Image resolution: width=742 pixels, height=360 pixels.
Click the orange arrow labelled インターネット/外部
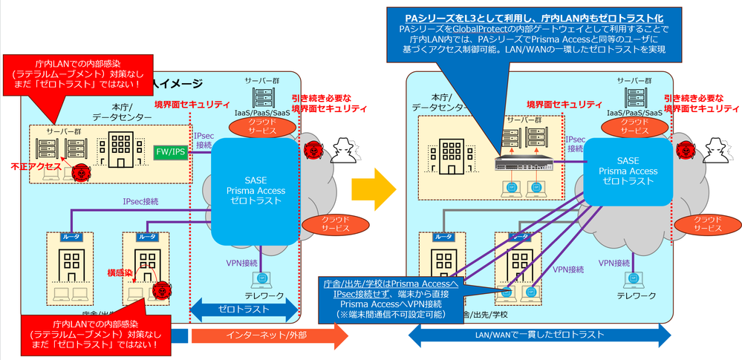(270, 335)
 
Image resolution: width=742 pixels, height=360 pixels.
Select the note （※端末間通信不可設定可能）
(391, 314)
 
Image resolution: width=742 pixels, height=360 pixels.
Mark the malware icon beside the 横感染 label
(158, 291)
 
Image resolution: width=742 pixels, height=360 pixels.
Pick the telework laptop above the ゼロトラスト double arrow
(261, 280)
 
